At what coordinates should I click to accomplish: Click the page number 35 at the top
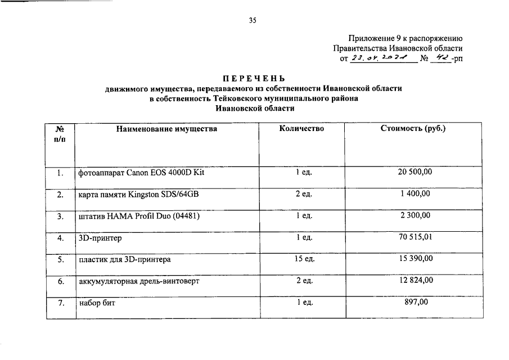[253, 21]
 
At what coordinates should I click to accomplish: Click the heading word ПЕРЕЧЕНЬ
[254, 78]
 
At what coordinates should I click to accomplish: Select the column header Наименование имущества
[166, 129]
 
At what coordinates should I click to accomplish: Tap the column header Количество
[301, 129]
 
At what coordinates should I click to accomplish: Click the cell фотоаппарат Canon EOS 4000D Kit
[141, 173]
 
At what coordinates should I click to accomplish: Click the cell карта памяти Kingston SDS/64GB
[138, 195]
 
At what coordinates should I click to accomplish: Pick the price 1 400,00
[416, 194]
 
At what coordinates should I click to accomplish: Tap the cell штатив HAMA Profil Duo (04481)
[139, 216]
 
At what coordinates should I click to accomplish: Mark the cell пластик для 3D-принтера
[125, 260]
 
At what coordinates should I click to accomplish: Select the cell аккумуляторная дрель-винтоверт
[139, 281]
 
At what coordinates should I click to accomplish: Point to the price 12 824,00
[416, 281]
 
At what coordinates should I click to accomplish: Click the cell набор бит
[97, 303]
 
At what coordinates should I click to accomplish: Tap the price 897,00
[416, 303]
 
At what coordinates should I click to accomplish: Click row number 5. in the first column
[61, 260]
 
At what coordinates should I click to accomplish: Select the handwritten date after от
[382, 58]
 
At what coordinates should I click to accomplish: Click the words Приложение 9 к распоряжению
[405, 39]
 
